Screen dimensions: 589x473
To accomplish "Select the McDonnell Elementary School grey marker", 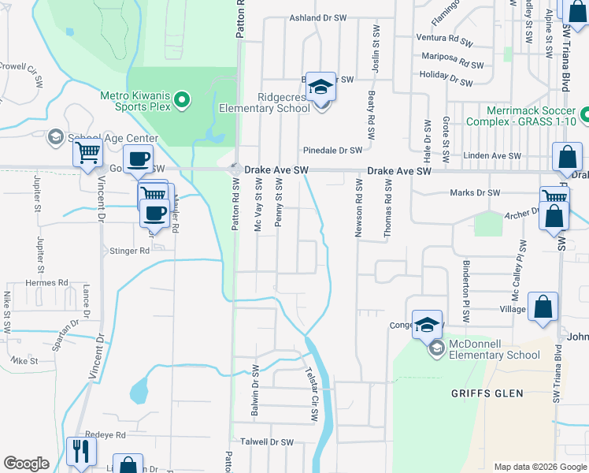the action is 435,348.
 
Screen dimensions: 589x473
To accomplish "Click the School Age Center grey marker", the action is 55,138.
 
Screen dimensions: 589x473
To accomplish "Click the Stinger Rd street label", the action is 128,251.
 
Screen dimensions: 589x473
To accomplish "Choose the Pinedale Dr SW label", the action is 332,150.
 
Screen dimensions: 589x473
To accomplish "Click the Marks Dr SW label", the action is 475,192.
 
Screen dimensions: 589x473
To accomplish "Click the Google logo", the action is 26,464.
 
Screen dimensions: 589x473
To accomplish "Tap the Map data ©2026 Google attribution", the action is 539,467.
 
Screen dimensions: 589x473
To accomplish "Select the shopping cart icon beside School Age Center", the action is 87,152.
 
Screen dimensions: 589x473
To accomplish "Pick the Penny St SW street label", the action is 279,203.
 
